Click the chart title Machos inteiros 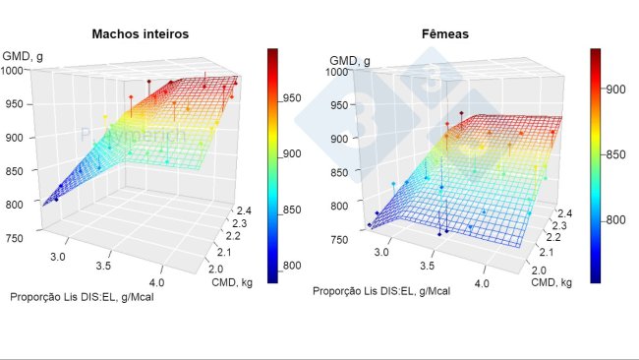click(140, 33)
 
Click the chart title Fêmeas click(446, 33)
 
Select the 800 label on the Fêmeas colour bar click(616, 219)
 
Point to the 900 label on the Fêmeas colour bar click(616, 90)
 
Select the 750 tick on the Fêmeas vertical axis click(338, 240)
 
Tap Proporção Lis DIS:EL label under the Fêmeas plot click(381, 291)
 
